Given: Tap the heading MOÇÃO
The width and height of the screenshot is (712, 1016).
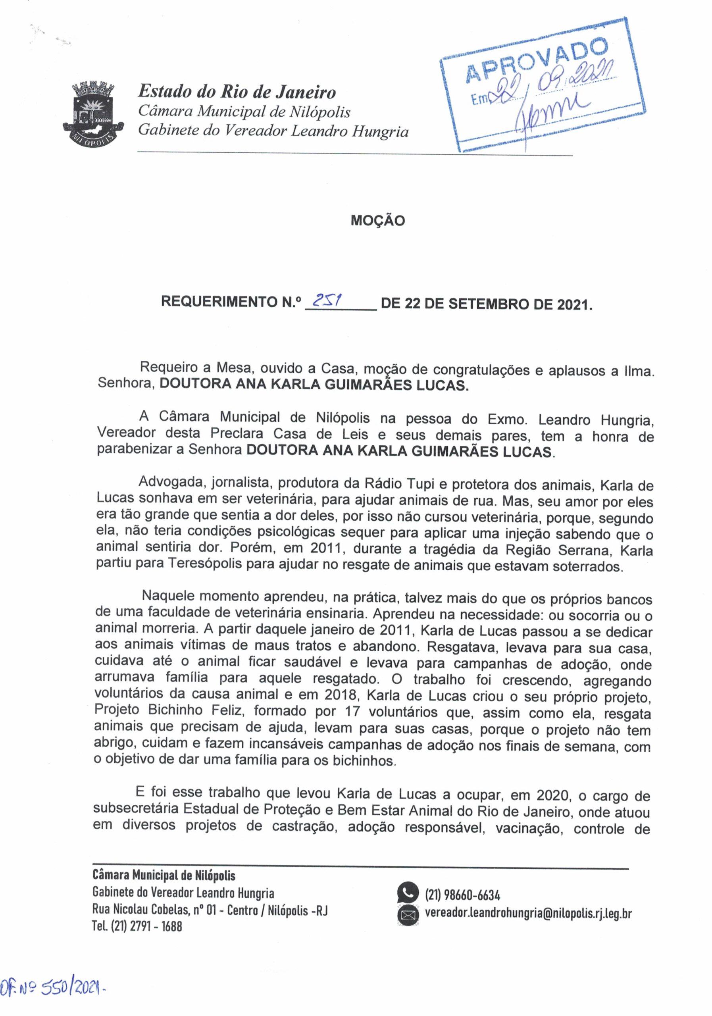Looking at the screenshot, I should click(x=377, y=220).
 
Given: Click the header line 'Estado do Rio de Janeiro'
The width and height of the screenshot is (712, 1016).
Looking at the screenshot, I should click(x=237, y=92).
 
